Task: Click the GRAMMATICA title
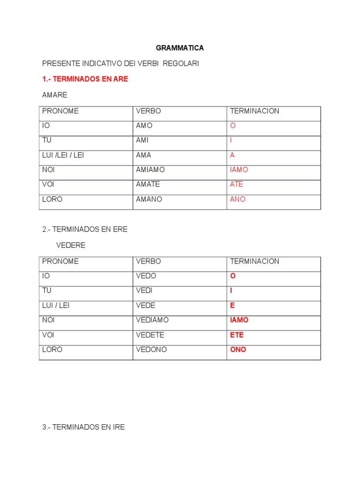[x=180, y=48]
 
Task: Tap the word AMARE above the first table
[x=55, y=95]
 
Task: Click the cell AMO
[x=144, y=126]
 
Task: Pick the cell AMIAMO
[x=150, y=170]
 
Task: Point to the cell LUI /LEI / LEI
[x=63, y=155]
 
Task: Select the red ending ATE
[x=237, y=184]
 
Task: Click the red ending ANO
[x=238, y=199]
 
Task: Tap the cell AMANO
[x=149, y=199]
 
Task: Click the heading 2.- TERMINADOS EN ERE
[x=85, y=229]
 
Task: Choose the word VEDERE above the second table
[x=71, y=245]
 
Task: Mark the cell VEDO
[x=146, y=276]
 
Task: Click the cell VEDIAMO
[x=152, y=320]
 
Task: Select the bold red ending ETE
[x=237, y=335]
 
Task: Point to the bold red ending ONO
[x=238, y=350]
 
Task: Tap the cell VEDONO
[x=151, y=350]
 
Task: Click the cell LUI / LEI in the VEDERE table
[x=56, y=305]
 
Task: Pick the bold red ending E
[x=232, y=305]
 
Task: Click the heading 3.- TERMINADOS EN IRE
[x=83, y=427]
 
